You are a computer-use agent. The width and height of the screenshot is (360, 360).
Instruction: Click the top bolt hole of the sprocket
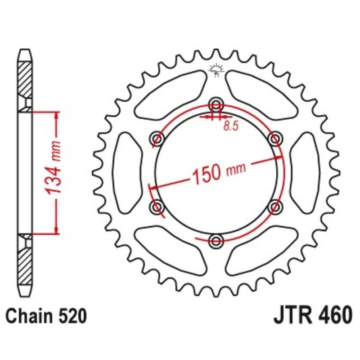216,104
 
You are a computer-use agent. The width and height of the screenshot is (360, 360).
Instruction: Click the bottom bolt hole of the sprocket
216,239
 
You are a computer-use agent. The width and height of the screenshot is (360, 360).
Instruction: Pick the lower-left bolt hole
157,206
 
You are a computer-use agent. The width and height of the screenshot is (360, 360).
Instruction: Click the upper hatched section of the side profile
25,79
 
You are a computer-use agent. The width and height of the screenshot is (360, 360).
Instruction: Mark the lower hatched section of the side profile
25,265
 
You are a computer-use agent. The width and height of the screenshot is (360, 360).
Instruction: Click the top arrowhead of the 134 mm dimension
56,115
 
